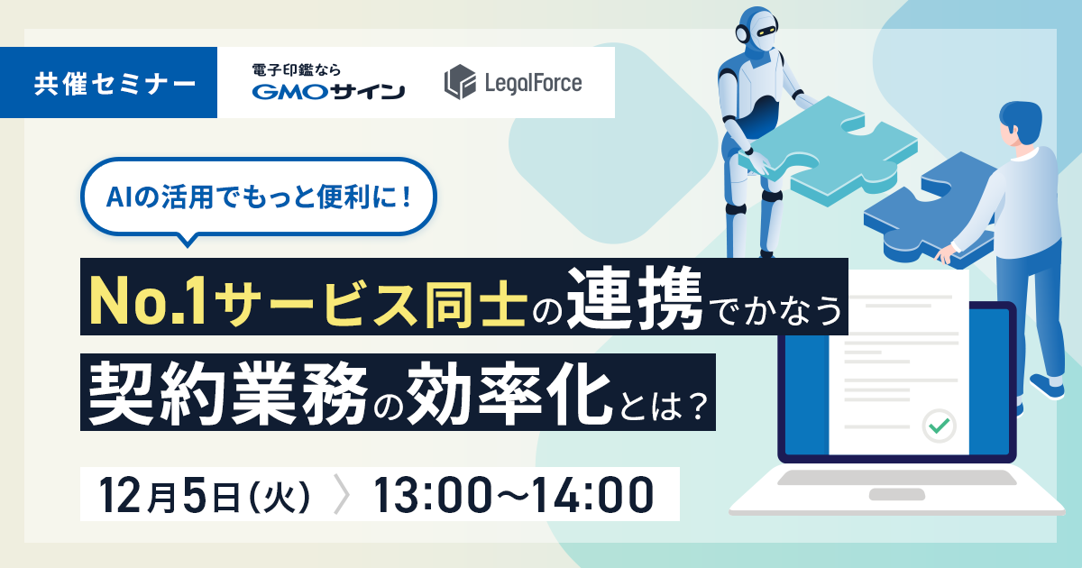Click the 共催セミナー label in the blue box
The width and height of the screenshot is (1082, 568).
click(x=115, y=84)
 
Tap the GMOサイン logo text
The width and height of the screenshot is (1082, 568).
click(x=328, y=91)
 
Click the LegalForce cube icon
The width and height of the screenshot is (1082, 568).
click(x=459, y=82)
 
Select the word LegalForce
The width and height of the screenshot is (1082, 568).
click(x=533, y=83)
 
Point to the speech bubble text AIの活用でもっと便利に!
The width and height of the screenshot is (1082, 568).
click(x=259, y=197)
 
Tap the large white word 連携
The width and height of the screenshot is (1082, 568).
click(x=634, y=298)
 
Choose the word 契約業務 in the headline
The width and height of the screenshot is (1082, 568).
click(x=227, y=394)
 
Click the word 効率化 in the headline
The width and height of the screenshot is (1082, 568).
click(x=509, y=394)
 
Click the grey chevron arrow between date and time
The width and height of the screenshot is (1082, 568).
click(x=342, y=495)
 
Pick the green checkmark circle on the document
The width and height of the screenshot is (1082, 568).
click(x=939, y=426)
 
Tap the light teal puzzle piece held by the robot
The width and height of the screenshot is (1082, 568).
click(x=828, y=151)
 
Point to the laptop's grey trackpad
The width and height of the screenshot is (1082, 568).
click(x=896, y=495)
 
